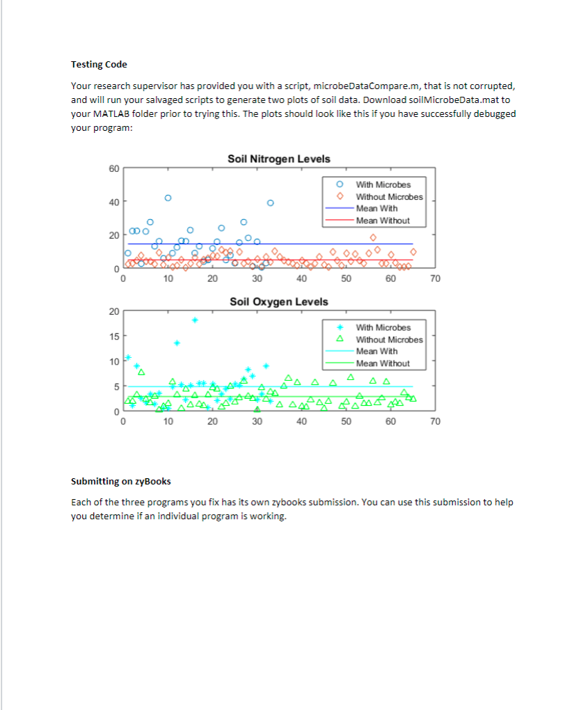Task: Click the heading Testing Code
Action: pyautogui.click(x=99, y=65)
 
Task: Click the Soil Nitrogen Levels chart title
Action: pyautogui.click(x=278, y=159)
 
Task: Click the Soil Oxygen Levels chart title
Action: pyautogui.click(x=278, y=301)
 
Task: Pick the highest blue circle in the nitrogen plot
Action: pyautogui.click(x=168, y=198)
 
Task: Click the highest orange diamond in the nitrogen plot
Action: pyautogui.click(x=373, y=237)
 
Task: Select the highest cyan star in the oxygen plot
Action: pyautogui.click(x=195, y=320)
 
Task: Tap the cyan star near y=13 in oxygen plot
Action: pyautogui.click(x=177, y=343)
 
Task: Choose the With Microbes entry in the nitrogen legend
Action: pyautogui.click(x=383, y=185)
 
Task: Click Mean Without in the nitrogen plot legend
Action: pyautogui.click(x=383, y=221)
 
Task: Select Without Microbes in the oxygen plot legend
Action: pyautogui.click(x=389, y=340)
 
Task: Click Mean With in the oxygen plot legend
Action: pyautogui.click(x=376, y=352)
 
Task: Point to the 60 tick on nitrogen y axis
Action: pyautogui.click(x=113, y=168)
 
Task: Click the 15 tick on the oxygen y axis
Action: pyautogui.click(x=113, y=336)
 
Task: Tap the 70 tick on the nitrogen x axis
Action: pyautogui.click(x=435, y=279)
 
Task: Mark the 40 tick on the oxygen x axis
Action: pyautogui.click(x=301, y=422)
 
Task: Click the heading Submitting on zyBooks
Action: pyautogui.click(x=120, y=482)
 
